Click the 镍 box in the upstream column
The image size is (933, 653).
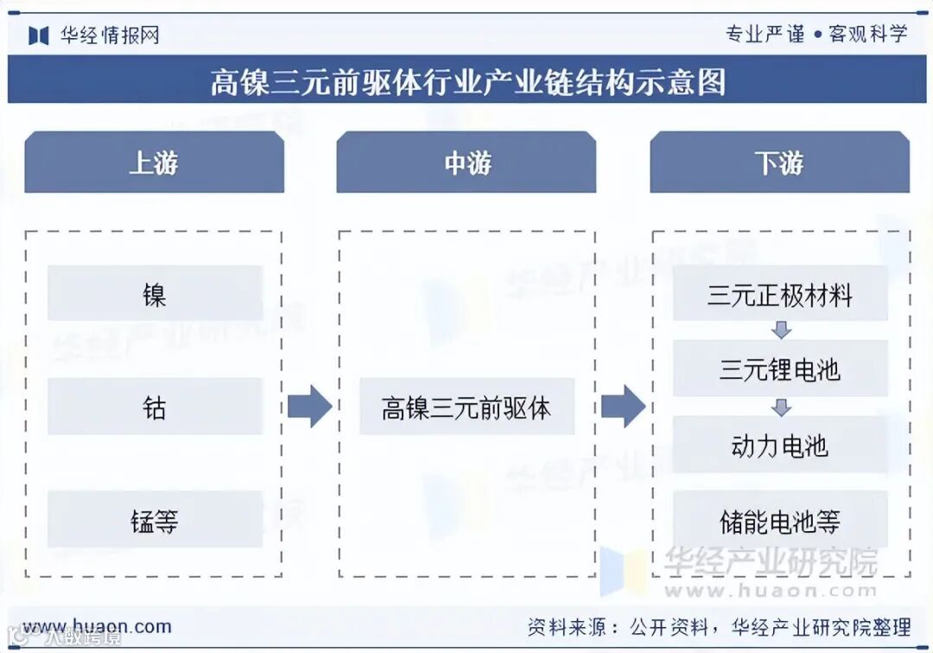pyautogui.click(x=155, y=294)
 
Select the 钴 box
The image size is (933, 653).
pyautogui.click(x=155, y=406)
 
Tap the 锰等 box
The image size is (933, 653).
pyautogui.click(x=155, y=519)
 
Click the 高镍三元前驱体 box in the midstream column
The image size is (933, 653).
pyautogui.click(x=466, y=406)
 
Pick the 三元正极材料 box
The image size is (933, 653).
pyautogui.click(x=780, y=294)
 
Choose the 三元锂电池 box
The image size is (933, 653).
pyautogui.click(x=780, y=370)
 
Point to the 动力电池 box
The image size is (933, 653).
pyautogui.click(x=780, y=445)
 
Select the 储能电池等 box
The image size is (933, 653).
pyautogui.click(x=780, y=520)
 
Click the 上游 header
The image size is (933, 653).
pyautogui.click(x=154, y=162)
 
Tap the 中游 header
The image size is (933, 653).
pyautogui.click(x=466, y=162)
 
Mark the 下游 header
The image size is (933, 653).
pyautogui.click(x=779, y=162)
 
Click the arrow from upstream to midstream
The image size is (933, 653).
pyautogui.click(x=309, y=406)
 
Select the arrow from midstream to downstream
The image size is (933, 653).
pyautogui.click(x=623, y=406)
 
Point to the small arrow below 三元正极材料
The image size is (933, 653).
pyautogui.click(x=781, y=330)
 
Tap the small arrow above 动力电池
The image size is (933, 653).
pyautogui.click(x=781, y=406)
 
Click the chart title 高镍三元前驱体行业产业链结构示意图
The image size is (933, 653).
pyautogui.click(x=467, y=82)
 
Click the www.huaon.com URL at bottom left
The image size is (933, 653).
pyautogui.click(x=97, y=626)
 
